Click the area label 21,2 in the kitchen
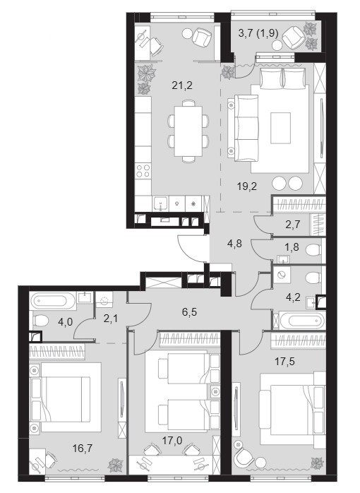pyautogui.click(x=182, y=85)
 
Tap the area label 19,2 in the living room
pyautogui.click(x=247, y=186)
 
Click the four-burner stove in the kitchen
pyautogui.click(x=143, y=171)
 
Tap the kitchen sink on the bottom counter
pyautogui.click(x=161, y=203)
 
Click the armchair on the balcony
pyautogui.click(x=293, y=38)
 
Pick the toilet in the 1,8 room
pyautogui.click(x=313, y=251)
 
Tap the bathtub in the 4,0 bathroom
pyautogui.click(x=52, y=301)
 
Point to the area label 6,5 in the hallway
pyautogui.click(x=189, y=312)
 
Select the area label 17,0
pyautogui.click(x=172, y=441)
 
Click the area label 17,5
pyautogui.click(x=285, y=362)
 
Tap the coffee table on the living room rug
pyautogui.click(x=280, y=128)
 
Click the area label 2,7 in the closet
pyautogui.click(x=293, y=225)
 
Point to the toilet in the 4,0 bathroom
pyautogui.click(x=40, y=321)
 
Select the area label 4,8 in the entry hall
pyautogui.click(x=234, y=244)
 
